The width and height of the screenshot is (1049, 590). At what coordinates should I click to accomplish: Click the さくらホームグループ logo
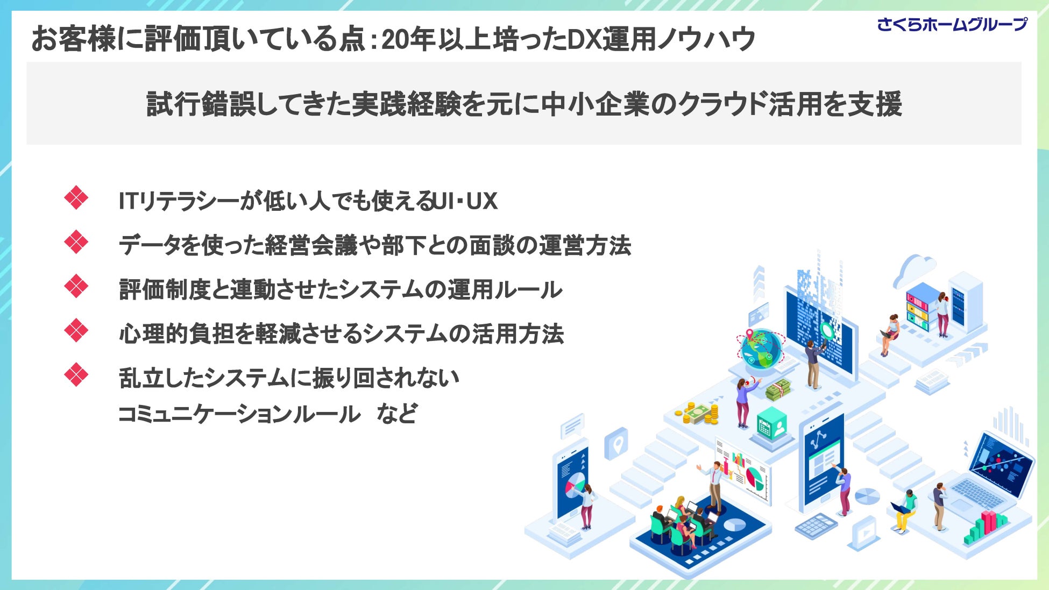pyautogui.click(x=952, y=25)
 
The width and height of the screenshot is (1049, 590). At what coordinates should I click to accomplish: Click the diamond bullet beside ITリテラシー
pyautogui.click(x=76, y=198)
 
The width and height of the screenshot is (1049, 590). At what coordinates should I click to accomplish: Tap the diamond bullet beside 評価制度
pyautogui.click(x=76, y=286)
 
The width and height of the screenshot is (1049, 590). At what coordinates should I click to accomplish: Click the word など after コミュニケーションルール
pyautogui.click(x=396, y=414)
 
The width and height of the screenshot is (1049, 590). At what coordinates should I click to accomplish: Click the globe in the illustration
pyautogui.click(x=760, y=349)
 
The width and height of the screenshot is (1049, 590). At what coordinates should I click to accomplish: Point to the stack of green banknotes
pyautogui.click(x=778, y=389)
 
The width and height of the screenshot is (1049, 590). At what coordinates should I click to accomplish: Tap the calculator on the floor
pyautogui.click(x=816, y=524)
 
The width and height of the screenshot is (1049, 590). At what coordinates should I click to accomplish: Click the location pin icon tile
pyautogui.click(x=616, y=444)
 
